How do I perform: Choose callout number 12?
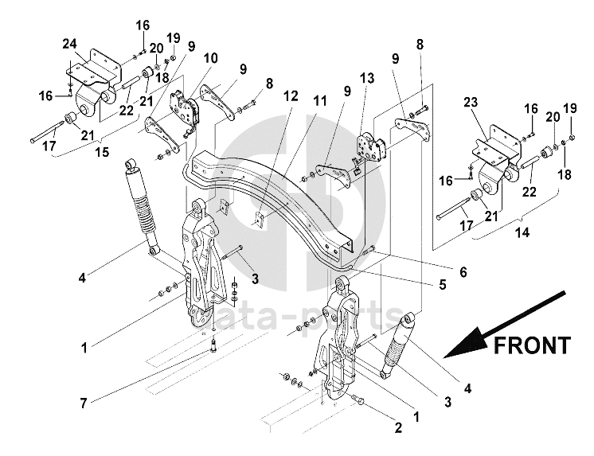[291, 95]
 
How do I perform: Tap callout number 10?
[209, 58]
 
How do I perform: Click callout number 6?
[462, 271]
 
